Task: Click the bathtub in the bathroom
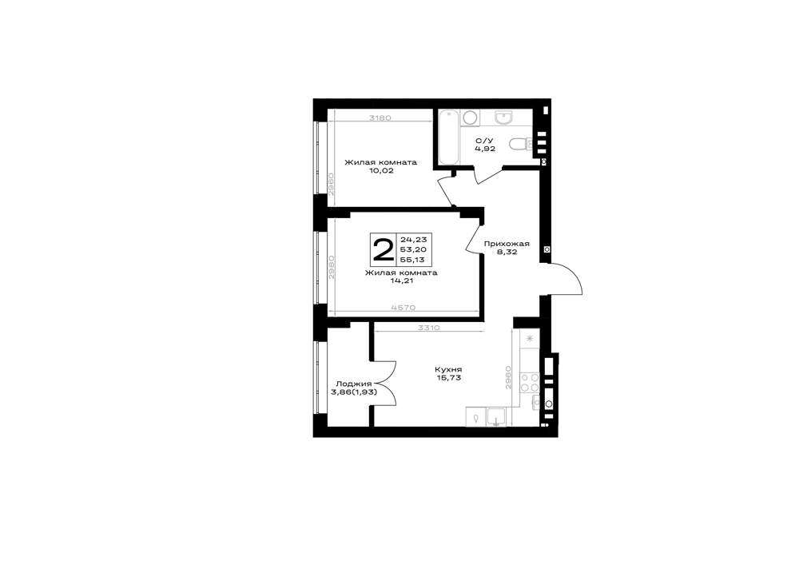449,137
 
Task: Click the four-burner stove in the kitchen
530,382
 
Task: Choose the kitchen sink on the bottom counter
496,416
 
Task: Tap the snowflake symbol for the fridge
530,338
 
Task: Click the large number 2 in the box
384,249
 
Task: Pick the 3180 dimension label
380,117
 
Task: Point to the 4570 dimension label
404,307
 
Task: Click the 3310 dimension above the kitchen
428,328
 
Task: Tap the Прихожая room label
507,244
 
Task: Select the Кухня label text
448,369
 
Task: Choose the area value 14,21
402,281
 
